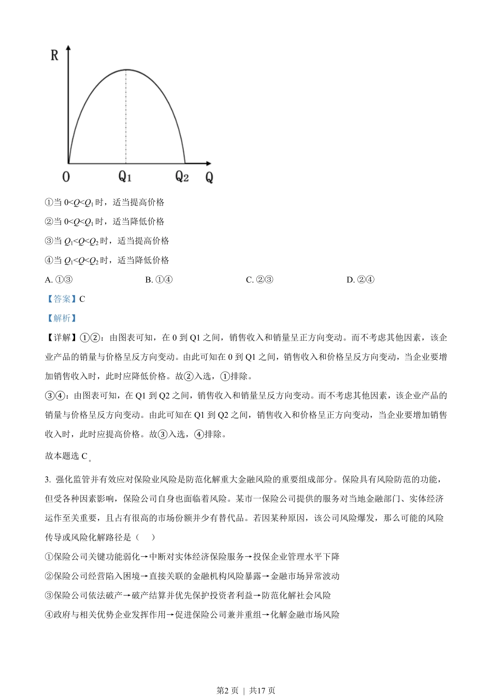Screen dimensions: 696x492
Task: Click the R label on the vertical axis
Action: [54, 55]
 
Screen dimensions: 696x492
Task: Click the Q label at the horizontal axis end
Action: [209, 178]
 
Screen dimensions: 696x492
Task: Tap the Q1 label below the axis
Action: [125, 177]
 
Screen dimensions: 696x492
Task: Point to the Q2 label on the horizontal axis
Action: [182, 177]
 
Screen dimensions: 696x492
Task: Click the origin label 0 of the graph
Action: [66, 177]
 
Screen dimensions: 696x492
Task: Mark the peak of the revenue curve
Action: [126, 69]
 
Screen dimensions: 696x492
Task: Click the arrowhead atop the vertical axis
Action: [69, 48]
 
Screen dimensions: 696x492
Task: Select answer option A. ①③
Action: [59, 280]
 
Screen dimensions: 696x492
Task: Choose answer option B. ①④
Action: [159, 280]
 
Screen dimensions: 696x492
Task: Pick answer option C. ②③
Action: [259, 280]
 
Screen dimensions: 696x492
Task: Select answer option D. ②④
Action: [360, 280]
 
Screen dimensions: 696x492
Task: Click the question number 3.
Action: [47, 480]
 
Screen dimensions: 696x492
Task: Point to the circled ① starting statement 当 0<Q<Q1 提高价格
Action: [49, 202]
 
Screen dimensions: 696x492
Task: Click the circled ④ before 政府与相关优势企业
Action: [49, 615]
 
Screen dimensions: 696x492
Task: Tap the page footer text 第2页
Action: [227, 690]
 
